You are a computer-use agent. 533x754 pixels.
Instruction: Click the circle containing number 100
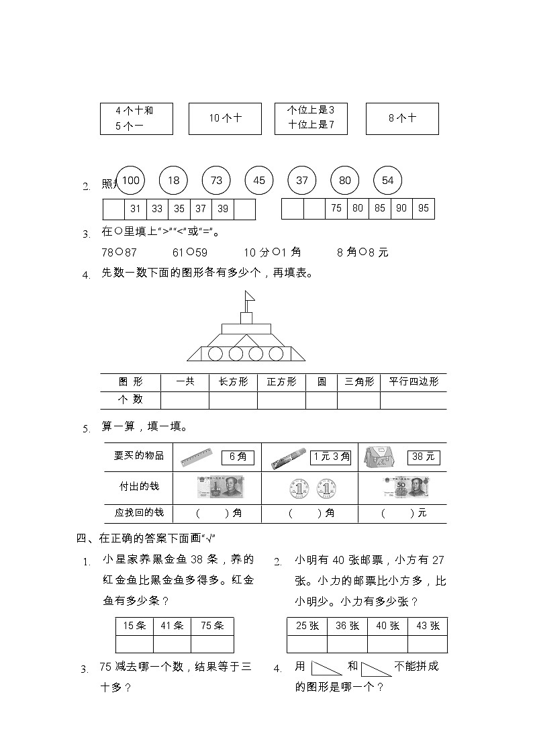click(131, 180)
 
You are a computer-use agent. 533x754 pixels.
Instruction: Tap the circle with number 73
click(216, 180)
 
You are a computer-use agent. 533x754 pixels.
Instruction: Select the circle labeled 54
click(387, 180)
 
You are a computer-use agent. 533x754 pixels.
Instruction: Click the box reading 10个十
click(225, 118)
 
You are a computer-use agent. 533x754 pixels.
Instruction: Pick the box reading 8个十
click(402, 118)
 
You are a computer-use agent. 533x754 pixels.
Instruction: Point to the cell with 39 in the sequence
click(223, 209)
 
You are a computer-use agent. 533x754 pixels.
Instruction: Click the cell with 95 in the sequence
click(423, 208)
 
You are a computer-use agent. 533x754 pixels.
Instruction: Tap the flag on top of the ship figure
click(249, 295)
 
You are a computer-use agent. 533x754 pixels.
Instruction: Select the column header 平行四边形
click(413, 381)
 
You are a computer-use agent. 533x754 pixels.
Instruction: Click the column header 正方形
click(281, 381)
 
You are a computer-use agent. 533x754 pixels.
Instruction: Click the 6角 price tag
click(238, 457)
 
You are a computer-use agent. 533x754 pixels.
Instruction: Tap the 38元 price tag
click(424, 457)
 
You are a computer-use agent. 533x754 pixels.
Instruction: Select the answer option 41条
click(172, 626)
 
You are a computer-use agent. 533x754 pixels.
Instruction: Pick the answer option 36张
click(347, 626)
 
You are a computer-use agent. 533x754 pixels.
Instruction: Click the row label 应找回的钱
click(139, 513)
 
